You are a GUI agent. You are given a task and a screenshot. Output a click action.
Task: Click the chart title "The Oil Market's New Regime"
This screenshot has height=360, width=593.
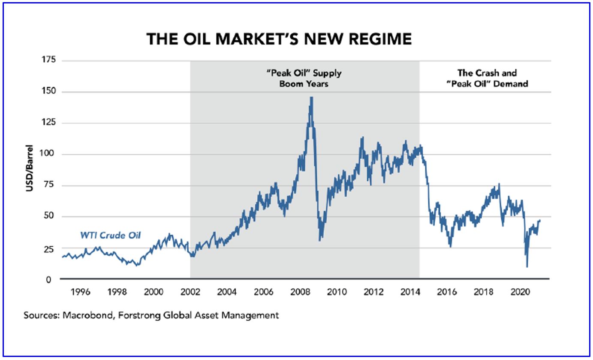coord(279,39)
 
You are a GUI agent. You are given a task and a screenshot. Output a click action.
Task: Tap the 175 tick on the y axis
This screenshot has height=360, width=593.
coord(50,61)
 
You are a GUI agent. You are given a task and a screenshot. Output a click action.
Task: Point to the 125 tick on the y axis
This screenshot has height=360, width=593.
coord(50,123)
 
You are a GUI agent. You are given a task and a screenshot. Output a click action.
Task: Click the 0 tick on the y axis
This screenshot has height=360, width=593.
coord(54,279)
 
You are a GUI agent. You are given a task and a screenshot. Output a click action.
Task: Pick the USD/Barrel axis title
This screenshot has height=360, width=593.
coord(30,170)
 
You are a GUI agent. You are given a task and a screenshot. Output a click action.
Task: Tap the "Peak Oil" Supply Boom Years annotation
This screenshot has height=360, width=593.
coord(304,78)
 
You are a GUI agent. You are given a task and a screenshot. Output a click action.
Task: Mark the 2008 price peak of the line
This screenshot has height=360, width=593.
coord(311,97)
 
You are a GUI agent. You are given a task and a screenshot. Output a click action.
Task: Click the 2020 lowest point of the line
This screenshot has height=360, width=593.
coord(527,267)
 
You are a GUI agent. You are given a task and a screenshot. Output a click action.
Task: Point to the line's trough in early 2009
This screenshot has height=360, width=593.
coord(320,240)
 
